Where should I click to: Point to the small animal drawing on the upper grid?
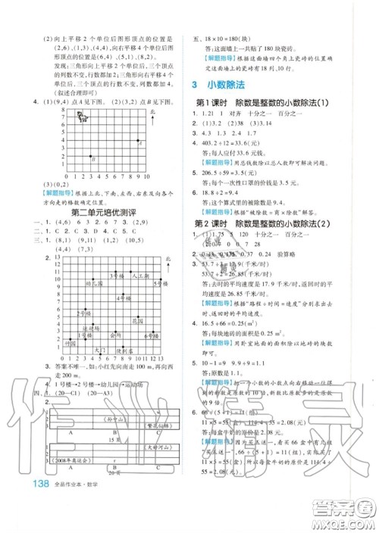[84, 115]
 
